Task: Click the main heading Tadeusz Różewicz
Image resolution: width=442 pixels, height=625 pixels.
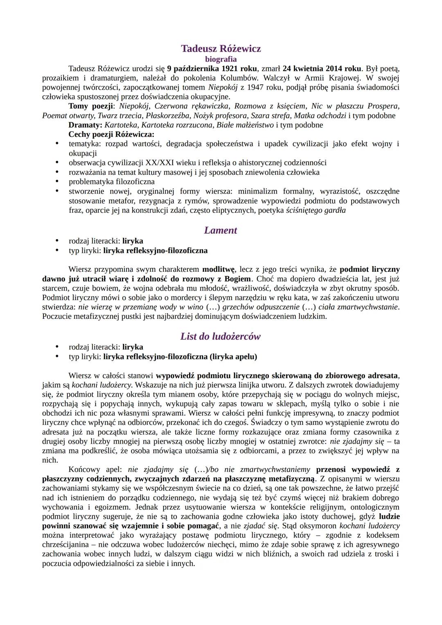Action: click(x=221, y=49)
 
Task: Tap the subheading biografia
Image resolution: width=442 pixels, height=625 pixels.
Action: click(x=221, y=59)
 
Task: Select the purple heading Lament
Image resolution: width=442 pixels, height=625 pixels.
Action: click(x=221, y=230)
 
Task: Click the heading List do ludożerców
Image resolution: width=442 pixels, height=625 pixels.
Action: click(x=221, y=336)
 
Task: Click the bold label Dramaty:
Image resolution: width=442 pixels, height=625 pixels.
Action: click(x=86, y=125)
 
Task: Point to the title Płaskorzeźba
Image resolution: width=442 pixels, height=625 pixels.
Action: click(x=167, y=115)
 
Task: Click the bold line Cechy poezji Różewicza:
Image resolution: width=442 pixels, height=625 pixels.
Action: click(x=111, y=134)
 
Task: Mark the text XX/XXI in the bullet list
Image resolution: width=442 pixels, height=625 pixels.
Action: click(x=160, y=162)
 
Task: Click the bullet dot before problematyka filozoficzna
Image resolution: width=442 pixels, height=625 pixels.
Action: click(x=57, y=181)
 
